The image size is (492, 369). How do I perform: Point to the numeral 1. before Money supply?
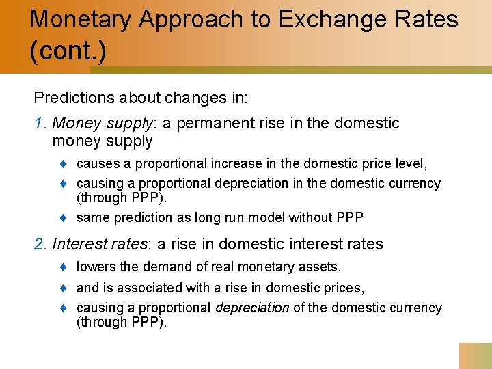coord(40,124)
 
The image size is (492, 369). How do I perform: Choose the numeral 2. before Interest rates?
coord(41,244)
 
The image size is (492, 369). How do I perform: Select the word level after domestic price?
coord(411,164)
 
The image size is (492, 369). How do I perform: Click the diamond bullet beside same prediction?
coord(64,218)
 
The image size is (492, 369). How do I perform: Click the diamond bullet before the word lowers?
coord(64,267)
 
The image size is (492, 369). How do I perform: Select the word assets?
coord(320,267)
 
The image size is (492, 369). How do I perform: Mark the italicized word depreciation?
coord(252,308)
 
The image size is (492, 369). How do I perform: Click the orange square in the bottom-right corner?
coord(475,355)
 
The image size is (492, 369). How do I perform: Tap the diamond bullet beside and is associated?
coord(64,288)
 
